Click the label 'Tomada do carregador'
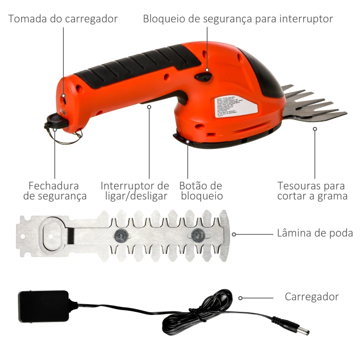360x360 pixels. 63,19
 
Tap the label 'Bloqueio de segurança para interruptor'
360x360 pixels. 238,19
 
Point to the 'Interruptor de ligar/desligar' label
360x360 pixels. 135,191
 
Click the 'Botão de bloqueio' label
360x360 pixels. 201,191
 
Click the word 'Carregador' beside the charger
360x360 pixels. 311,297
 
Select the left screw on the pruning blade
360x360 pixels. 121,234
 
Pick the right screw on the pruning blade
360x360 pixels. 197,234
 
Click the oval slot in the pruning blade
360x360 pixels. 54,234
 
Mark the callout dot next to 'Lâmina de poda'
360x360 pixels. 234,234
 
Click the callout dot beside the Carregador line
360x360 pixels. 241,297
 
